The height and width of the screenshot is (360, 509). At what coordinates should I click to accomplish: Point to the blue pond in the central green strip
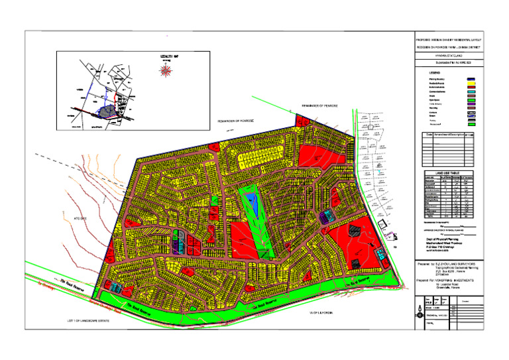[x=251, y=204]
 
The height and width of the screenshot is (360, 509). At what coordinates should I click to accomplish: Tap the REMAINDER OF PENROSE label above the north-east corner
[x=321, y=106]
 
